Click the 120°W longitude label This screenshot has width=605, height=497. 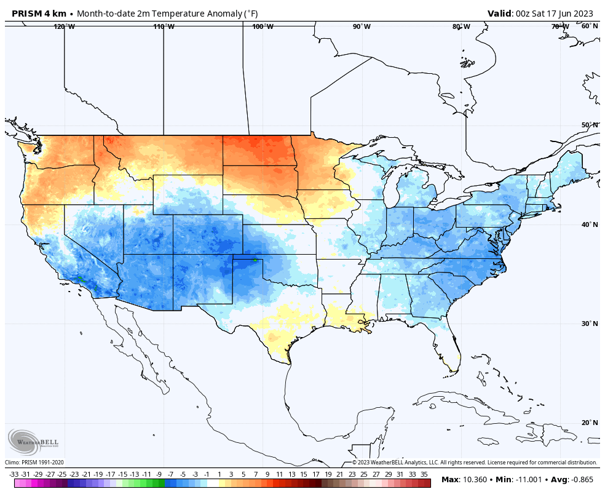click(64, 26)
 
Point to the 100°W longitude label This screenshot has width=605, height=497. click(263, 26)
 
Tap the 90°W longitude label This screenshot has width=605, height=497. click(362, 26)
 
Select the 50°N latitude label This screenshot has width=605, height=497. click(590, 125)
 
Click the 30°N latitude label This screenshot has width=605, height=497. click(590, 324)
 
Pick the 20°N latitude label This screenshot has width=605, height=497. click(590, 423)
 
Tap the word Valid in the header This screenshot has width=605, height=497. click(499, 14)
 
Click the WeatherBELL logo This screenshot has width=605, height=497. click(33, 442)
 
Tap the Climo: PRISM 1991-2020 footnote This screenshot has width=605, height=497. click(34, 463)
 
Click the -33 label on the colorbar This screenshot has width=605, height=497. click(14, 474)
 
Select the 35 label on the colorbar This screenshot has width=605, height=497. click(424, 474)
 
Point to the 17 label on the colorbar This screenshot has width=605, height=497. click(315, 474)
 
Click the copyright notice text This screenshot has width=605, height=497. click(474, 463)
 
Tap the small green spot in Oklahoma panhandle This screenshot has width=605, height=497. click(255, 260)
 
